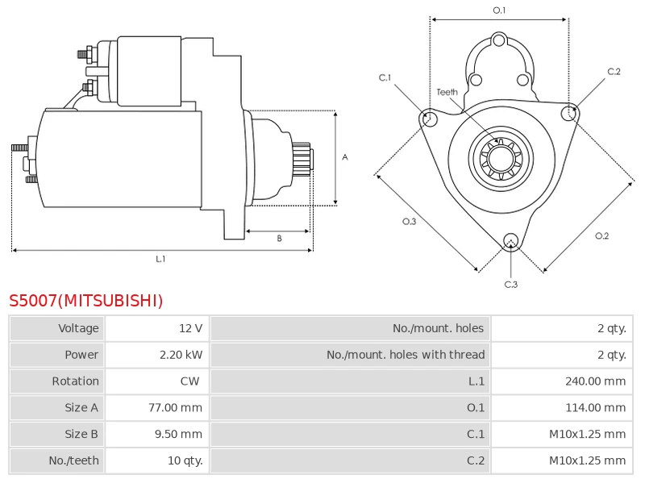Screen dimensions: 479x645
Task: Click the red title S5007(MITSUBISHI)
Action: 86,301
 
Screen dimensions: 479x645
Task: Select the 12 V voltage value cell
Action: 190,328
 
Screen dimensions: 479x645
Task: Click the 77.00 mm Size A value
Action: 175,408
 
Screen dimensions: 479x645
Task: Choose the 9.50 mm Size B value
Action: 178,434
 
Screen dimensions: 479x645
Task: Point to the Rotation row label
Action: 75,381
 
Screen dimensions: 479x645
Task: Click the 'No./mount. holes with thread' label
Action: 406,355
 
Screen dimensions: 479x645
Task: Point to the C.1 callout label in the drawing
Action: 385,77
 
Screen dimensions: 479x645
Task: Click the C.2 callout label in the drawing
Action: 614,72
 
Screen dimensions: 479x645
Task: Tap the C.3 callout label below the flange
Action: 510,284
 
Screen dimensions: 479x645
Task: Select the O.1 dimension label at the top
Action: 499,10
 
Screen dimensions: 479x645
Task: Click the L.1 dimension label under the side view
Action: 160,259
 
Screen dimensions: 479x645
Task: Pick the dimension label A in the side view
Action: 345,157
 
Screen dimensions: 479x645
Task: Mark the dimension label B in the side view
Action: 279,239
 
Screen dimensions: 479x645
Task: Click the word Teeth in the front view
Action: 447,92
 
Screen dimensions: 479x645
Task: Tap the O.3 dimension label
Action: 409,222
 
